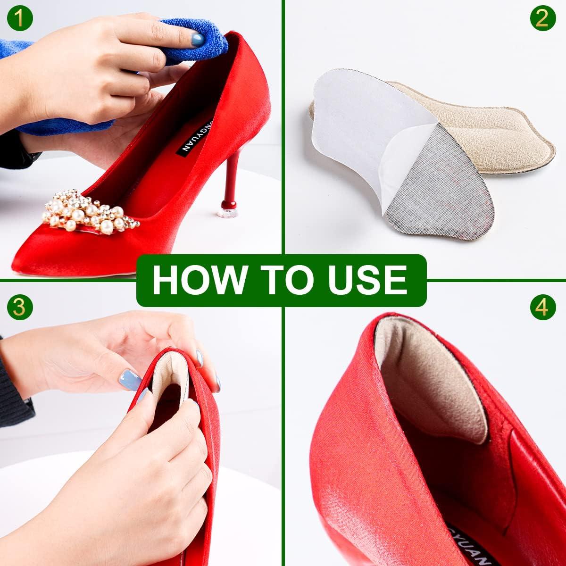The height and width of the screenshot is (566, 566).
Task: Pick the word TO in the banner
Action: coord(279,280)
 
